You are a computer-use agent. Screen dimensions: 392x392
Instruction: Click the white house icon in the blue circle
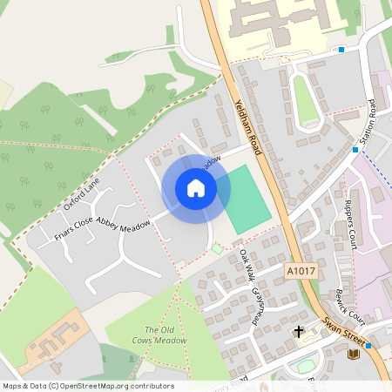[x=196, y=187]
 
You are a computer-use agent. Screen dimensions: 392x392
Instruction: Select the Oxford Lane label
[x=82, y=193]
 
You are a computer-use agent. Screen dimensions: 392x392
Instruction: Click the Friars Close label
[x=74, y=228]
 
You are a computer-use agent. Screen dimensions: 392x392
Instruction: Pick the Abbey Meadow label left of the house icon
[x=123, y=222]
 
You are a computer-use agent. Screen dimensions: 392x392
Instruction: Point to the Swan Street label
[x=345, y=335]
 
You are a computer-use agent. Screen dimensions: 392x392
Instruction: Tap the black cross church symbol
[x=299, y=332]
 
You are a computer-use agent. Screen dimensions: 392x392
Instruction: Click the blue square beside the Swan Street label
[x=369, y=346]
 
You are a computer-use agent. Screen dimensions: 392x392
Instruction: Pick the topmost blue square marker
[x=341, y=50]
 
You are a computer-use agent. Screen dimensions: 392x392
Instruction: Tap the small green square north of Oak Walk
[x=216, y=249]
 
